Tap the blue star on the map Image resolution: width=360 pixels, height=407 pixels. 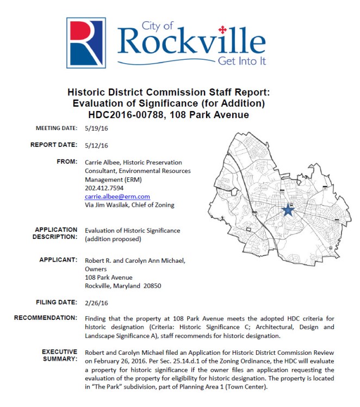[x=288, y=211]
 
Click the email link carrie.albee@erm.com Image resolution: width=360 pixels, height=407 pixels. [x=117, y=196]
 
